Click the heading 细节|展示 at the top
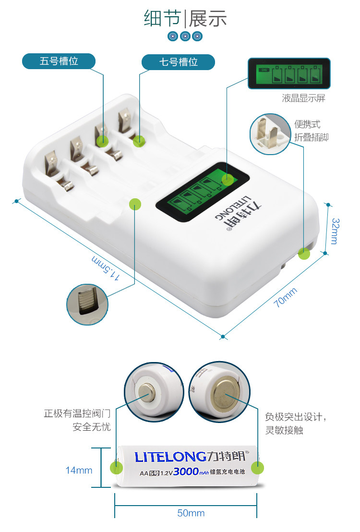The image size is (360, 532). (x=185, y=19)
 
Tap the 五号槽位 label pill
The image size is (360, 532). (x=59, y=61)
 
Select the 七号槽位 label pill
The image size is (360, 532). (x=178, y=62)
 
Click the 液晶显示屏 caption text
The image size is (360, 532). (x=303, y=98)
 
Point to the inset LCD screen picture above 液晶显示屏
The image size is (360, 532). (x=289, y=74)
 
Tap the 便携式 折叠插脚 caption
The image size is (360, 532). (x=312, y=131)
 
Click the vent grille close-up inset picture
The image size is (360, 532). (x=86, y=304)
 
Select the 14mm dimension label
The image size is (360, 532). (x=79, y=471)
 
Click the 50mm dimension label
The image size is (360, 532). (x=191, y=514)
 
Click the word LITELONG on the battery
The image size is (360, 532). (x=171, y=457)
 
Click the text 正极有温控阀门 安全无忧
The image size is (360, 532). (x=77, y=420)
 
